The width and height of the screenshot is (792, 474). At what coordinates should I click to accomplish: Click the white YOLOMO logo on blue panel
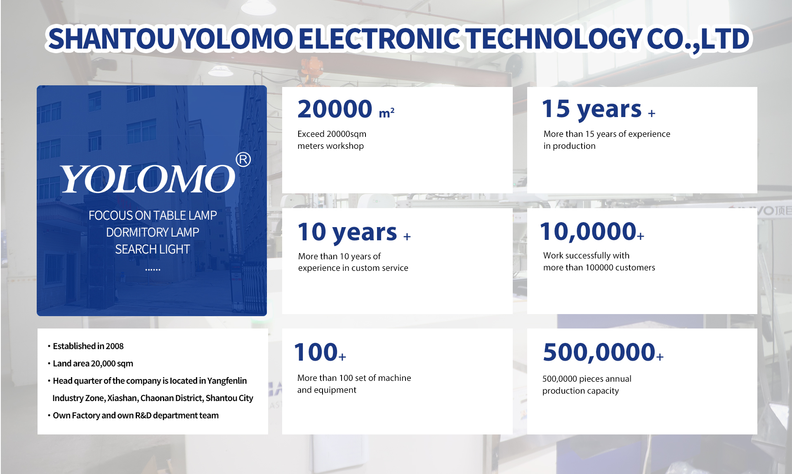click(148, 179)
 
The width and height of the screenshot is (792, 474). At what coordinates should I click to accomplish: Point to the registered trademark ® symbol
click(243, 160)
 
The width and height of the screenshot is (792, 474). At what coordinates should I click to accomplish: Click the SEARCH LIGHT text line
click(153, 249)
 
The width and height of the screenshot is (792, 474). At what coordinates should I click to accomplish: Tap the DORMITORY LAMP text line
click(153, 232)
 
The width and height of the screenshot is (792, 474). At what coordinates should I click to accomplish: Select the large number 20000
click(335, 109)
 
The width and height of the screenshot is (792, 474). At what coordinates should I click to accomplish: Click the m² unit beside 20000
click(387, 113)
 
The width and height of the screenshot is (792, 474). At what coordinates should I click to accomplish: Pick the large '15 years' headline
click(592, 109)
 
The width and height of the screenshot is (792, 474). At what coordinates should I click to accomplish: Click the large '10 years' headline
click(347, 232)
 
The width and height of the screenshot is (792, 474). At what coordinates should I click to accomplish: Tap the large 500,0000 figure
click(599, 352)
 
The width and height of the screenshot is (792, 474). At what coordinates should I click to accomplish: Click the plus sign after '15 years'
click(651, 113)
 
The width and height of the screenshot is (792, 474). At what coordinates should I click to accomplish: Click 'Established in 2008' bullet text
click(88, 346)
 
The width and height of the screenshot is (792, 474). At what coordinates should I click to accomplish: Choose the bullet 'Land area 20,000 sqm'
click(93, 364)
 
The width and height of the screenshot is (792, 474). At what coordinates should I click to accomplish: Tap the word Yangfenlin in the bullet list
click(227, 381)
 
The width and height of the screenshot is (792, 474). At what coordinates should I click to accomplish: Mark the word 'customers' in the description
click(635, 268)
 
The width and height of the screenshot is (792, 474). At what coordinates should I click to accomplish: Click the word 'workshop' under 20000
click(345, 146)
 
